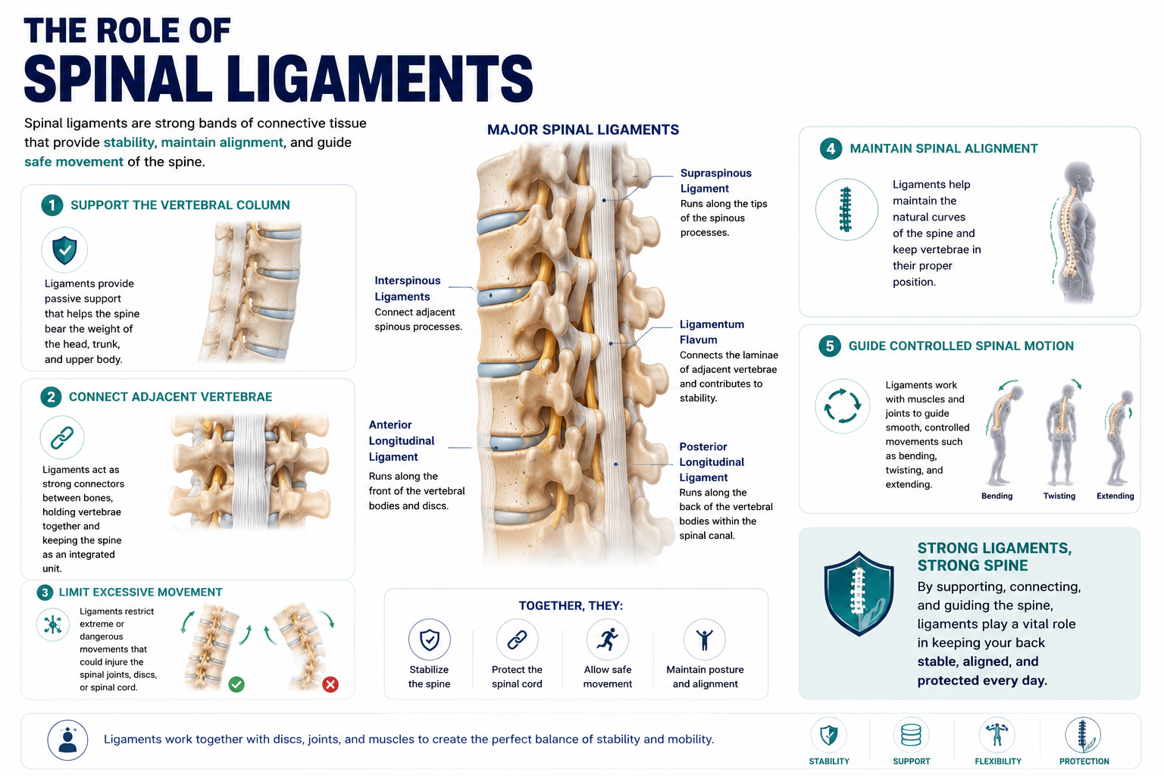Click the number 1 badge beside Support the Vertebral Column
pyautogui.click(x=52, y=205)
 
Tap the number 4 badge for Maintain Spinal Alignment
pyautogui.click(x=831, y=149)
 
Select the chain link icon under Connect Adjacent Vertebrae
pyautogui.click(x=62, y=438)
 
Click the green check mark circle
pyautogui.click(x=236, y=684)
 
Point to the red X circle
pyautogui.click(x=330, y=684)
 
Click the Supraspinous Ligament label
pyautogui.click(x=715, y=181)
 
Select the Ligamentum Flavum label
pyautogui.click(x=712, y=332)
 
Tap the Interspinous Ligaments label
pyautogui.click(x=408, y=289)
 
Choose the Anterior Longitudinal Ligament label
pyautogui.click(x=401, y=441)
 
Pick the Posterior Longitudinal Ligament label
pyautogui.click(x=712, y=462)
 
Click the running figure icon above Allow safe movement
pyautogui.click(x=608, y=640)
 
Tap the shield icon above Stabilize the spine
pyautogui.click(x=429, y=640)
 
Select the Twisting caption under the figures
pyautogui.click(x=1059, y=496)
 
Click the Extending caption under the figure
pyautogui.click(x=1115, y=496)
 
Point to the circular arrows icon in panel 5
pyautogui.click(x=843, y=406)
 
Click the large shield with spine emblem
pyautogui.click(x=859, y=593)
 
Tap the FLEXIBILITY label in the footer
pyautogui.click(x=998, y=762)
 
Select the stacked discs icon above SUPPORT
pyautogui.click(x=911, y=735)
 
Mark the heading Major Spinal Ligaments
pyautogui.click(x=583, y=130)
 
